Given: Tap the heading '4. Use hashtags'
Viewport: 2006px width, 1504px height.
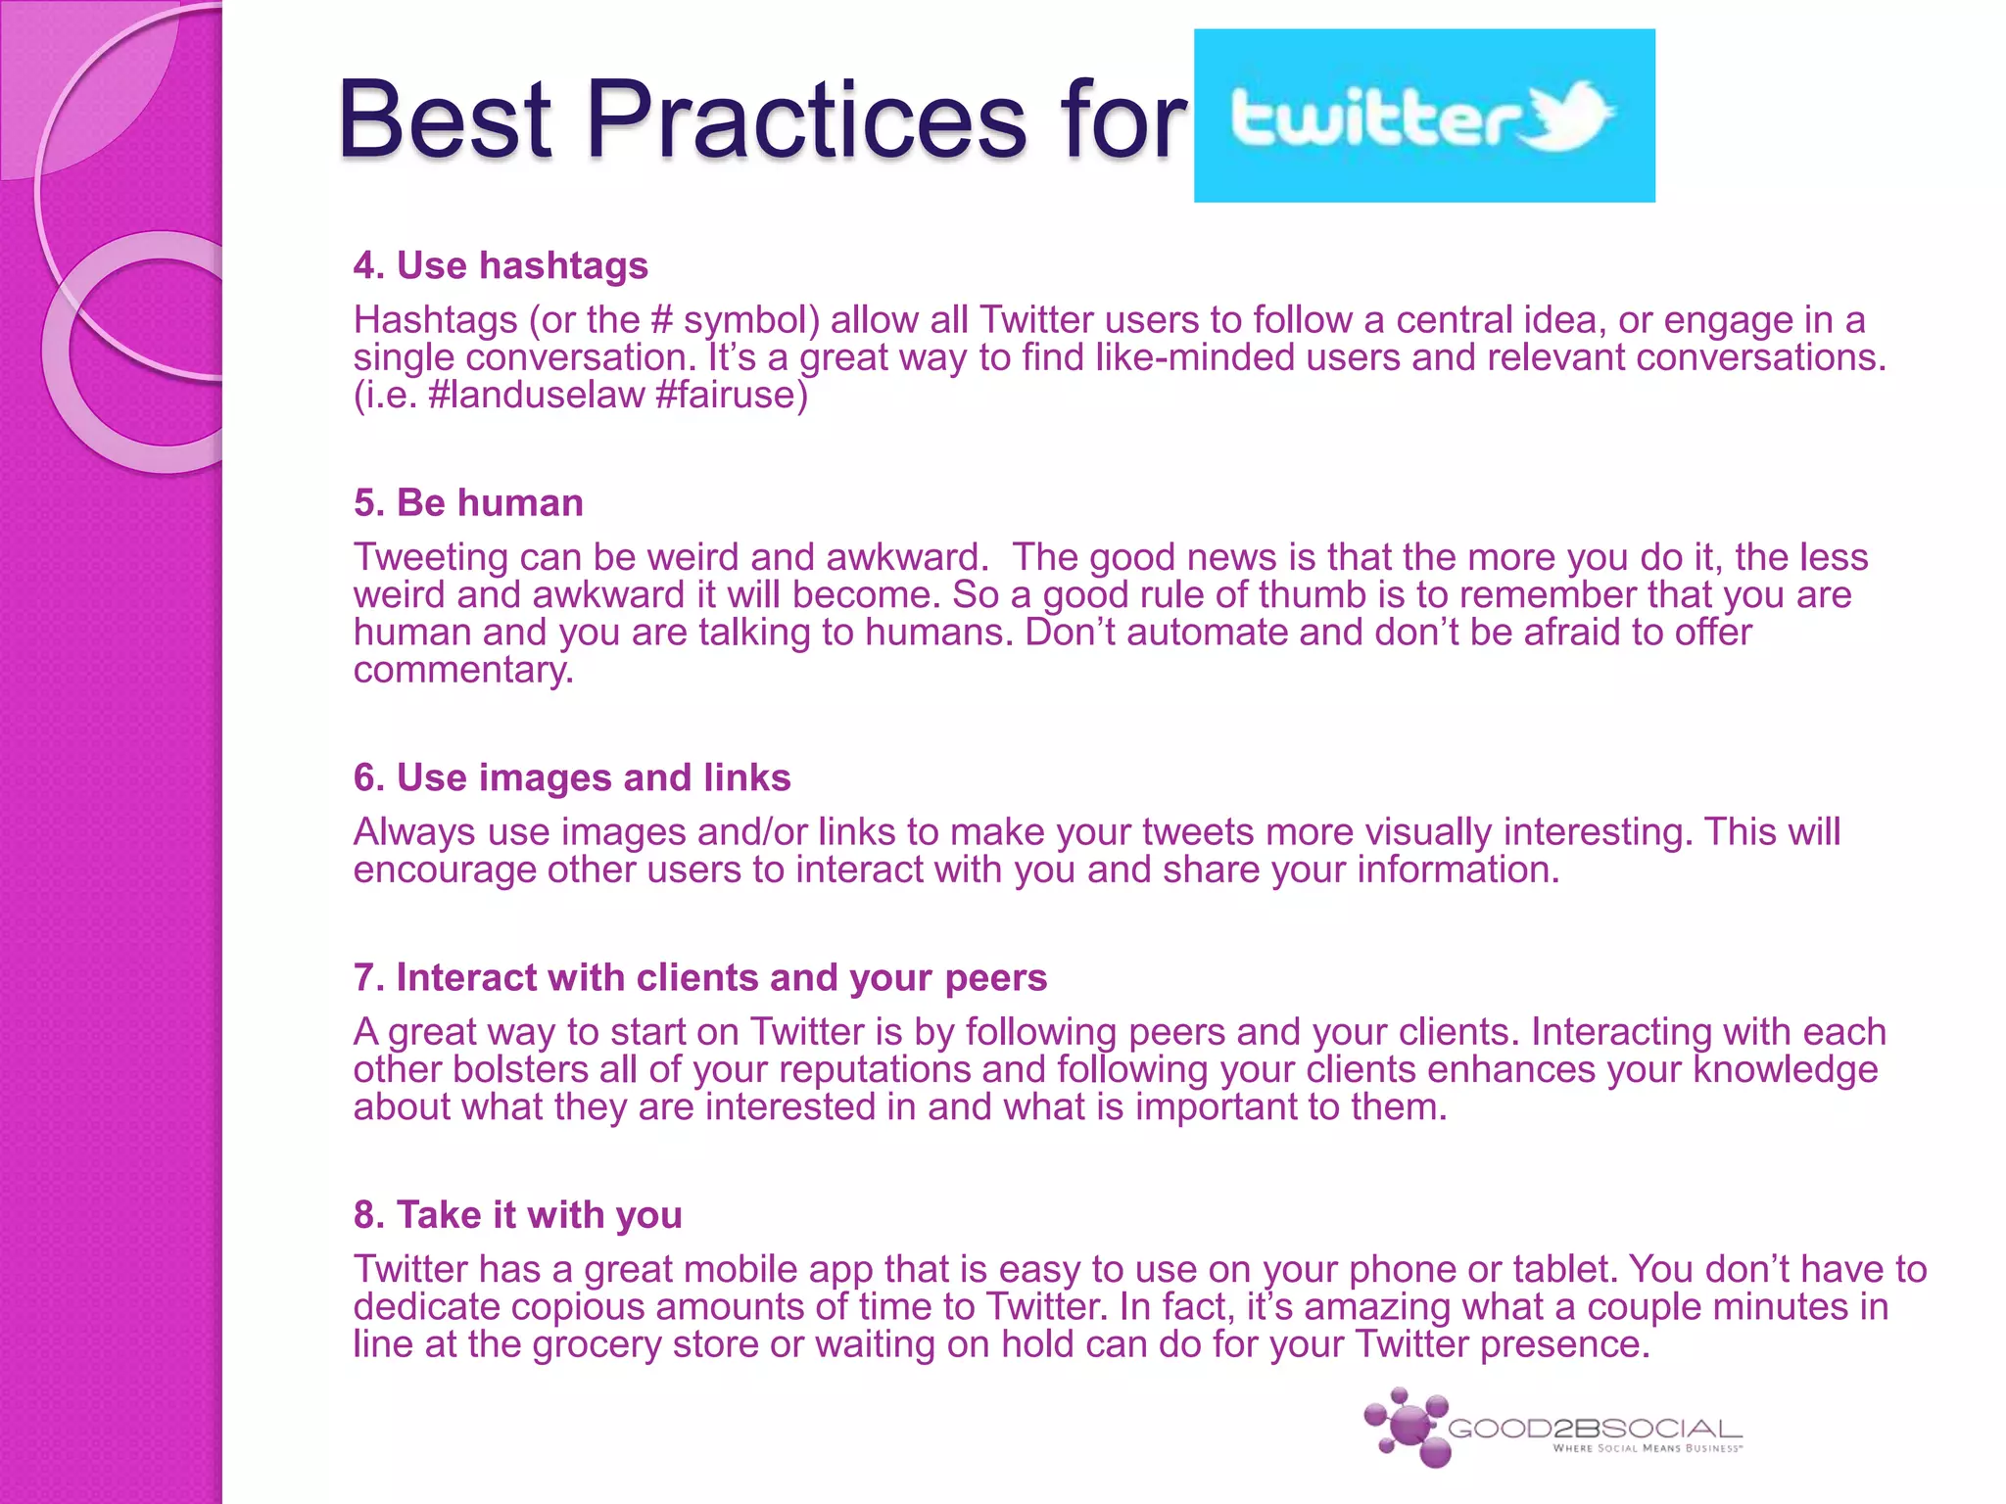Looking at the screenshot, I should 501,265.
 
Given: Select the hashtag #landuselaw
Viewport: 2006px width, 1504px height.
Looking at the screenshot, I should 535,395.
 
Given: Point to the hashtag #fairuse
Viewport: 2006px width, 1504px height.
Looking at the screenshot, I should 730,395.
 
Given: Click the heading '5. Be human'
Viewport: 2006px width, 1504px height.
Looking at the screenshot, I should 468,502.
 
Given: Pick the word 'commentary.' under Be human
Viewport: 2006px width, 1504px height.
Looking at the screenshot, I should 463,670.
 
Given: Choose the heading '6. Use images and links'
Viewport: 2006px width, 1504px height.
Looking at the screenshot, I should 572,777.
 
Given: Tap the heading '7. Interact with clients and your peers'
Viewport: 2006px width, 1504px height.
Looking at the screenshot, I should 700,977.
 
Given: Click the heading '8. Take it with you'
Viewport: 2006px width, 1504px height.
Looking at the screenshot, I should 517,1214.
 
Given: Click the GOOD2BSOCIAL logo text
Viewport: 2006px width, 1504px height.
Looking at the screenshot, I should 1595,1429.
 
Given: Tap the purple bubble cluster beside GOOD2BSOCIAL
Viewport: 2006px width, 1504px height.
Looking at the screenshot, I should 1408,1427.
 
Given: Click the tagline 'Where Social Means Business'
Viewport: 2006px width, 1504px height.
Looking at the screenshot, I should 1647,1448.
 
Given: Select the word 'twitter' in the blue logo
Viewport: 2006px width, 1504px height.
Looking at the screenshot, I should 1375,118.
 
